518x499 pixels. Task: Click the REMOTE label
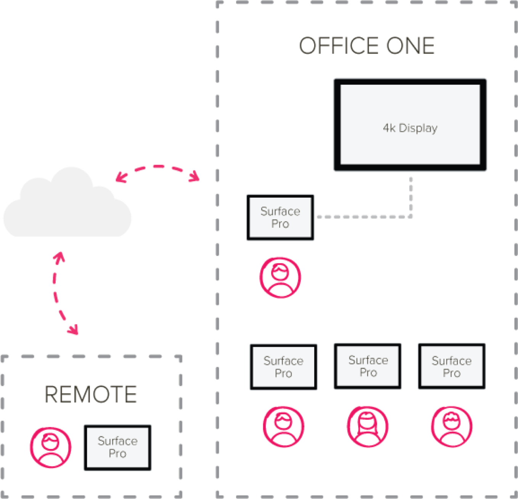tap(91, 394)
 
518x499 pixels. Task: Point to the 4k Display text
tap(410, 128)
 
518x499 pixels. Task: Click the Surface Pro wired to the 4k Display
tap(280, 217)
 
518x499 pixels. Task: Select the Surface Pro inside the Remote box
tap(117, 447)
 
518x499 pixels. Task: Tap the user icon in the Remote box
tap(51, 447)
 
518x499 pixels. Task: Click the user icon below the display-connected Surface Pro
tap(280, 277)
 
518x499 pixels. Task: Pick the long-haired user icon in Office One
tap(368, 427)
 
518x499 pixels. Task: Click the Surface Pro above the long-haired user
tap(368, 366)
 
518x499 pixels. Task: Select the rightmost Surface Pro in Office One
tap(452, 366)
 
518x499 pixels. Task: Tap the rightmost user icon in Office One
tap(452, 427)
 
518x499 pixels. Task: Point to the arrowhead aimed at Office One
tap(195, 177)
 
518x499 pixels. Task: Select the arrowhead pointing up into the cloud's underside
tap(59, 257)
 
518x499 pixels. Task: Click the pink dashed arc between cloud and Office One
tap(158, 167)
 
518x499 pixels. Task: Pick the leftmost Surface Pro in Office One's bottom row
tap(283, 367)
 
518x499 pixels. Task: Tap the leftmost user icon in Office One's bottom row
tap(284, 427)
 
